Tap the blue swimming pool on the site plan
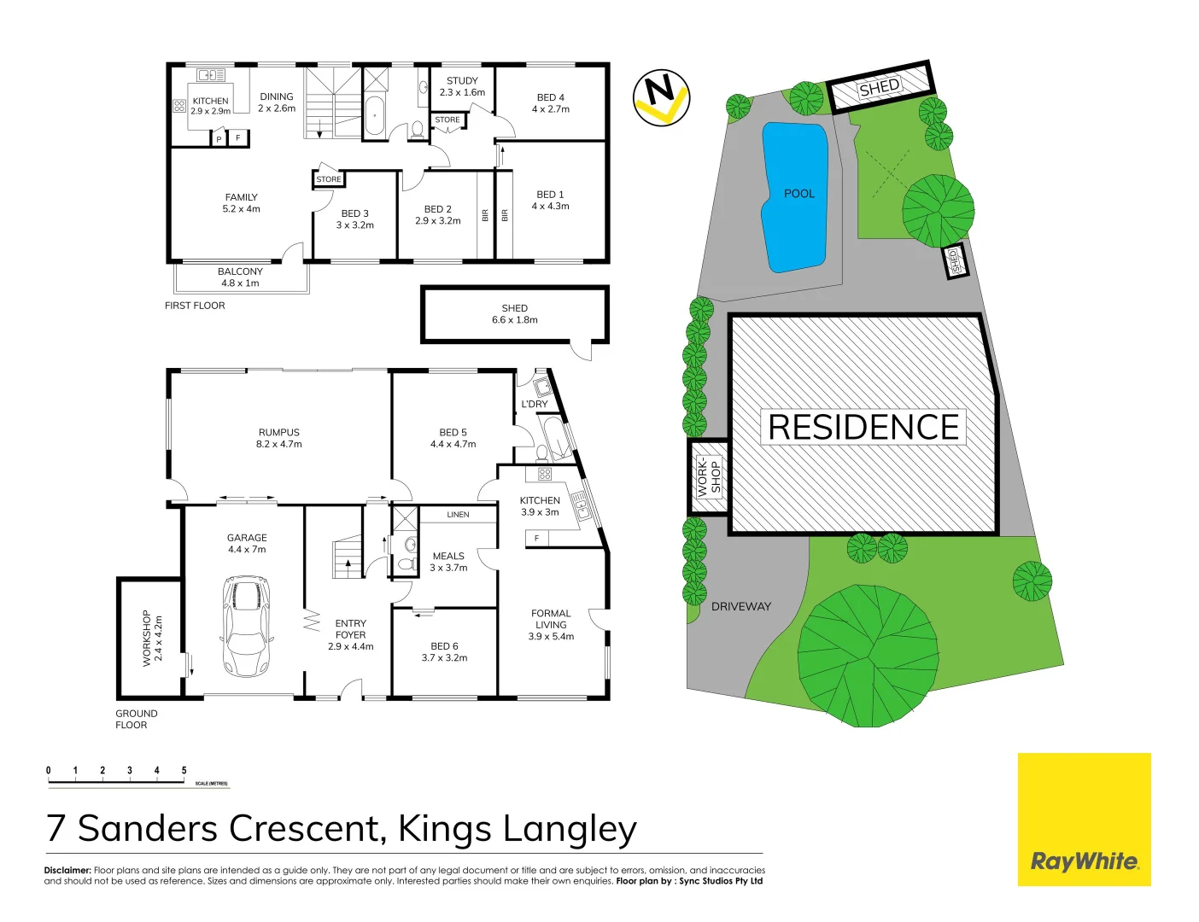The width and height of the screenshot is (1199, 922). click(x=795, y=196)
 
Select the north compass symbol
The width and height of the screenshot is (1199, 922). click(x=661, y=97)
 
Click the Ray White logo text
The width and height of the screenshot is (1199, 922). click(x=1084, y=861)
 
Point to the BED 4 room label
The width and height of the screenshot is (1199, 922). click(x=550, y=103)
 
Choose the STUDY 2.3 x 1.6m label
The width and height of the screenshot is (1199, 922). click(x=462, y=86)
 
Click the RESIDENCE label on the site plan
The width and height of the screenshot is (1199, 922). click(x=863, y=427)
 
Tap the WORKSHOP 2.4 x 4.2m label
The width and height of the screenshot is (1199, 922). click(x=152, y=638)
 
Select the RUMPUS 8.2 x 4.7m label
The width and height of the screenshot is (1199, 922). click(x=279, y=438)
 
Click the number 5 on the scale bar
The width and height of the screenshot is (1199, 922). click(x=184, y=770)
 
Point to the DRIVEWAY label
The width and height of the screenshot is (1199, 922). click(x=740, y=606)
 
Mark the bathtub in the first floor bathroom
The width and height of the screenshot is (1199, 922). click(x=375, y=115)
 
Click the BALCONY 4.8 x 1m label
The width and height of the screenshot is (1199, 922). click(x=240, y=277)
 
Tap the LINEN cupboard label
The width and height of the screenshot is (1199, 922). click(x=458, y=515)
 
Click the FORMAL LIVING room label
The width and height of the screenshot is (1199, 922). click(x=551, y=624)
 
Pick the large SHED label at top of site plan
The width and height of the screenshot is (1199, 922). click(x=879, y=87)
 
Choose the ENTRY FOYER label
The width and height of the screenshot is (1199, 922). click(x=350, y=634)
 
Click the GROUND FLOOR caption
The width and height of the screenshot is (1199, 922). click(x=136, y=719)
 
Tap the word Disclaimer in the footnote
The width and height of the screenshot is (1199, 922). click(x=67, y=870)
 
